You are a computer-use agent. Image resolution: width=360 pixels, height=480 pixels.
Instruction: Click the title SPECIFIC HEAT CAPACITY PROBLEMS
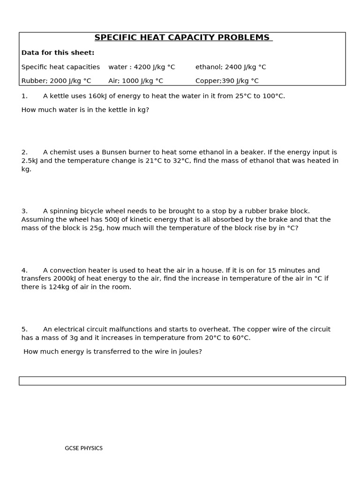tap(182, 37)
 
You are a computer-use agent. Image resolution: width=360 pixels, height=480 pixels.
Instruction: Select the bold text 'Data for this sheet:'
tap(58, 52)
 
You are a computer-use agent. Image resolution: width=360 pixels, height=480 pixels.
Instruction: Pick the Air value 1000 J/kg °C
tap(135, 81)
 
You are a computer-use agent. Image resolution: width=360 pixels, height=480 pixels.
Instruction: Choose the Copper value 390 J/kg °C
tap(227, 81)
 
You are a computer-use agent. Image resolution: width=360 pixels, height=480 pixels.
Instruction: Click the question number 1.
tap(24, 96)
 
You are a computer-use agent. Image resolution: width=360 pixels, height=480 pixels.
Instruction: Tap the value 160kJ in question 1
tap(97, 96)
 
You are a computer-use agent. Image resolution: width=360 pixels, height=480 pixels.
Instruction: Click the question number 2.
tap(24, 152)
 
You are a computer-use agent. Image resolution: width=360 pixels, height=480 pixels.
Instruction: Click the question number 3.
tap(24, 211)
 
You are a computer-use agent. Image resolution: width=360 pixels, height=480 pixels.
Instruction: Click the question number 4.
tap(24, 270)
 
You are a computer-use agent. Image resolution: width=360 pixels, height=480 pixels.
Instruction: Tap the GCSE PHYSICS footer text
tap(83, 449)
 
